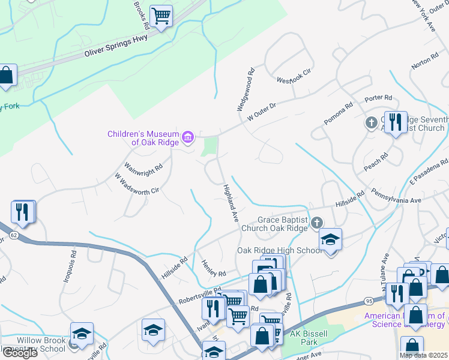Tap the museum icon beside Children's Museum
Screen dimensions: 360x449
pyautogui.click(x=188, y=138)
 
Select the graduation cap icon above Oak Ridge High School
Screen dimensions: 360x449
pyautogui.click(x=330, y=239)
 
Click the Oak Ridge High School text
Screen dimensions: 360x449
pyautogui.click(x=279, y=250)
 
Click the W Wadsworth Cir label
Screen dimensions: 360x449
pyautogui.click(x=136, y=185)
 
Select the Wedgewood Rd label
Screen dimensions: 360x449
pyautogui.click(x=246, y=90)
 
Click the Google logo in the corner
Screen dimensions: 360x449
pyautogui.click(x=19, y=353)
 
